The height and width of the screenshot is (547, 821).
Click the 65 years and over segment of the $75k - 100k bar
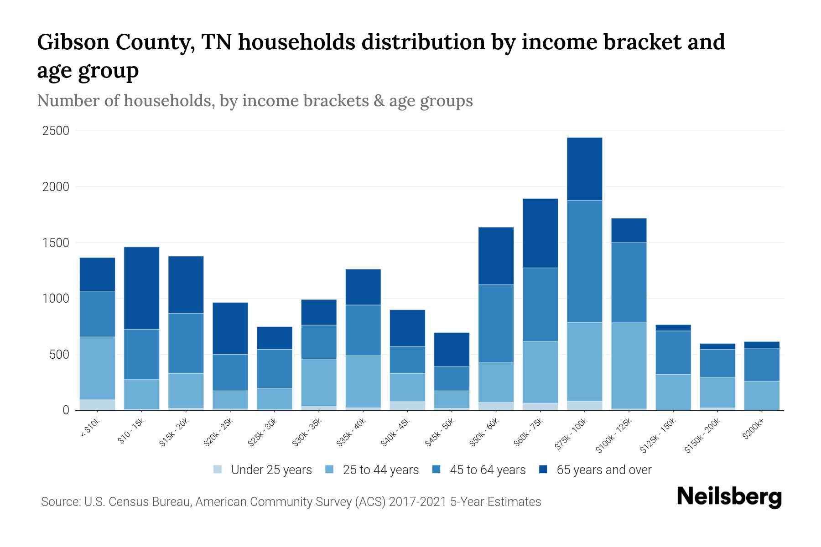click(584, 169)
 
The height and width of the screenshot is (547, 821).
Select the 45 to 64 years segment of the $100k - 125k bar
click(629, 283)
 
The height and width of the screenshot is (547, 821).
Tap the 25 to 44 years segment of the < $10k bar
click(97, 368)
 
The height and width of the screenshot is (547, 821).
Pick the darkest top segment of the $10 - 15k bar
click(141, 288)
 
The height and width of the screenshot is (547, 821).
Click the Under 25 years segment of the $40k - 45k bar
click(407, 406)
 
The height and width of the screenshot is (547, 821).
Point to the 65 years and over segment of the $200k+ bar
click(762, 345)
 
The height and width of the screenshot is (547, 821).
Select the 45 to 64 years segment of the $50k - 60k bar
click(496, 324)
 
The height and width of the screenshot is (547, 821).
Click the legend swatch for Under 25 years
click(218, 470)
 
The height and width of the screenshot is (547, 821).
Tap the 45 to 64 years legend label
click(488, 470)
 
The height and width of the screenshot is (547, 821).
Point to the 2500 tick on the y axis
click(56, 131)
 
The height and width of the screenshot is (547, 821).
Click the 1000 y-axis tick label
click(56, 299)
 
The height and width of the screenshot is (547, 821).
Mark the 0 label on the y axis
click(66, 410)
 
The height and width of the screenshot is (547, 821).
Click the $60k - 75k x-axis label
click(530, 433)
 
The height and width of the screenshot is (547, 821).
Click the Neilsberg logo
click(728, 497)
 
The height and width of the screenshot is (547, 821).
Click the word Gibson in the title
click(73, 42)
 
